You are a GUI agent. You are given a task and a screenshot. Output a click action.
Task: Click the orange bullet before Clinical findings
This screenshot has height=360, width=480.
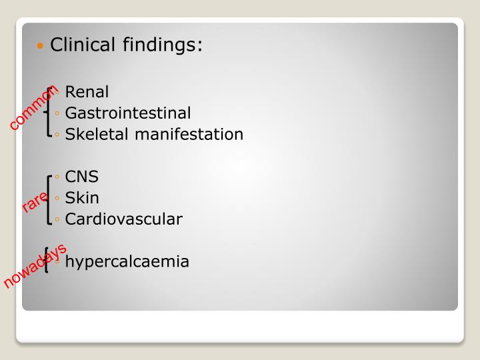(41, 47)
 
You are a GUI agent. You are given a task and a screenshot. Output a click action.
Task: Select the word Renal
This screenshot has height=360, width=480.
(87, 92)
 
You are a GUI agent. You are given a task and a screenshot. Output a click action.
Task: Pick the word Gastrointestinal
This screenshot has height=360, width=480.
(128, 113)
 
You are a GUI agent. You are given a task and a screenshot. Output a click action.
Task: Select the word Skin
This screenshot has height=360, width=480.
(82, 198)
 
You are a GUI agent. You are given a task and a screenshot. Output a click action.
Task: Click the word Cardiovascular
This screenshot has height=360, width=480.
(124, 219)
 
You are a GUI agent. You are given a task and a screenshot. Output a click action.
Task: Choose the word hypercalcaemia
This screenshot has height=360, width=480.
(127, 261)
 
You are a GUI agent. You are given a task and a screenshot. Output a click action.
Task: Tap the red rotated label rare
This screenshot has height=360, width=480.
(34, 202)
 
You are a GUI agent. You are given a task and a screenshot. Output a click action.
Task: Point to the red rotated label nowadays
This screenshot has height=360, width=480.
(35, 267)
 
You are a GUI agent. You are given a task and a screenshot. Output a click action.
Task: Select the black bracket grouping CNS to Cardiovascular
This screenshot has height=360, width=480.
(49, 198)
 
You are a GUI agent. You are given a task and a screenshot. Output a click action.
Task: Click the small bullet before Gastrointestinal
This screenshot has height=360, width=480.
(59, 114)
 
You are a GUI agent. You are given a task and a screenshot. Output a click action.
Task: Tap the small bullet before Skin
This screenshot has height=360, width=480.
(59, 199)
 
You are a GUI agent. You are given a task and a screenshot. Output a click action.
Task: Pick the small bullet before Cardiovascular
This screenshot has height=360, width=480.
(59, 219)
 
